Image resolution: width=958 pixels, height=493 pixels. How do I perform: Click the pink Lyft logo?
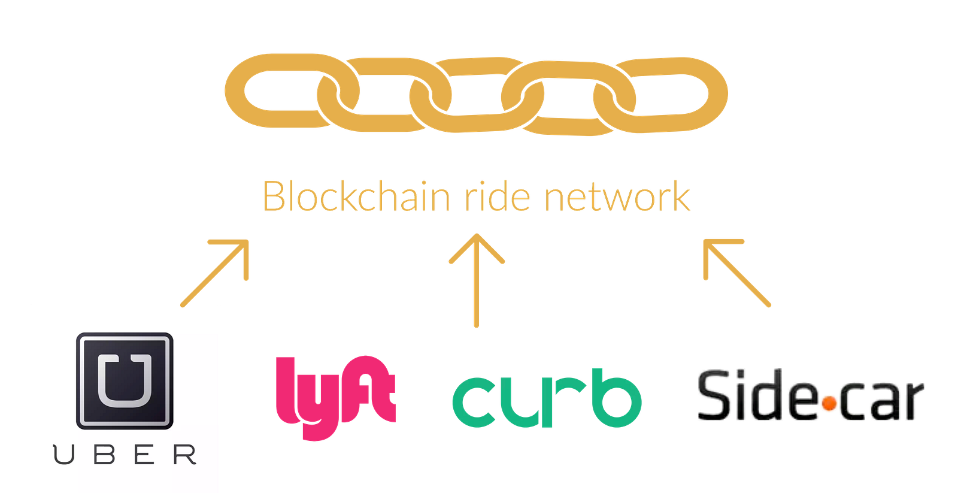tap(335, 395)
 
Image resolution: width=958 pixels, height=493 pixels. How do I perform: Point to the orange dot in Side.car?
tap(829, 404)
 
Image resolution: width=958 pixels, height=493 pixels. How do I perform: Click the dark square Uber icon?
tap(125, 380)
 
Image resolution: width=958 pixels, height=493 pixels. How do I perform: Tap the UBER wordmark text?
tap(125, 455)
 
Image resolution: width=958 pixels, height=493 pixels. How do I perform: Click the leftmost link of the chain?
tap(281, 91)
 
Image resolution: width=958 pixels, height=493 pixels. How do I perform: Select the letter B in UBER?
tap(104, 455)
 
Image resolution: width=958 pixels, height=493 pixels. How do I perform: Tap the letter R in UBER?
tap(185, 455)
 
